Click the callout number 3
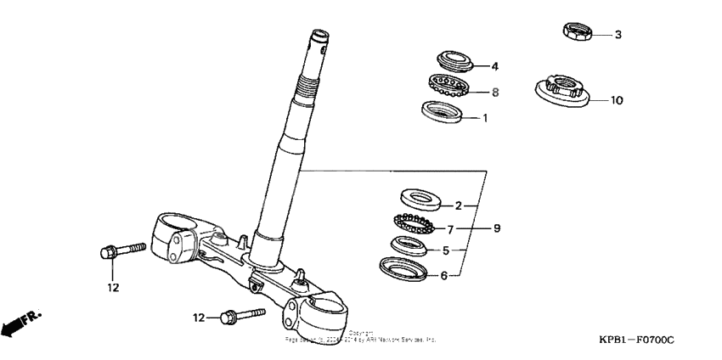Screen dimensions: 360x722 [618, 35]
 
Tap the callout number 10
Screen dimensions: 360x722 [617, 100]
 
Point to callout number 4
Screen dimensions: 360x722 [494, 65]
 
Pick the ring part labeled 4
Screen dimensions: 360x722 [457, 61]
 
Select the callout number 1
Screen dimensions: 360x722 [486, 119]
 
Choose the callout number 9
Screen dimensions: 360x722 [498, 228]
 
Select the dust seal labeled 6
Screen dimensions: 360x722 [403, 269]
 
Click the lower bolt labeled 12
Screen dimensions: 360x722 [240, 317]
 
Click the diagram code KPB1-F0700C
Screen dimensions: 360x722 [635, 340]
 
